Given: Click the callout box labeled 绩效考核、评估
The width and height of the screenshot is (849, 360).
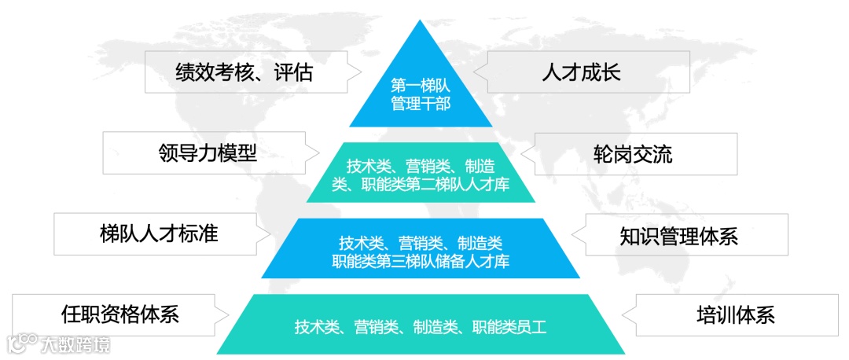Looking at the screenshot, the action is [244, 72].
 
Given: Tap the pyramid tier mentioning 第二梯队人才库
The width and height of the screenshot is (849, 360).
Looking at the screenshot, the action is [421, 174].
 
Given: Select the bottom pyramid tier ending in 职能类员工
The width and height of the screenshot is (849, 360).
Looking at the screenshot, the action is [421, 325].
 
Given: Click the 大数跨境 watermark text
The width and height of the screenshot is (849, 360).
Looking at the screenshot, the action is [75, 344].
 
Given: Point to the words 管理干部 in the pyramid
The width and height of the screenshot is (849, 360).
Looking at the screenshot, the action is [421, 104].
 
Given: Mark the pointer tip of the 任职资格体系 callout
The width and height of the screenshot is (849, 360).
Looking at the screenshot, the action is [230, 315].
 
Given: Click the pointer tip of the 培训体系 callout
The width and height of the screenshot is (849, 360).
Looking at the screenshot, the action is [622, 315].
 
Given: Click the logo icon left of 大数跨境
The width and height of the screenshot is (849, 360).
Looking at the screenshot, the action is [21, 344].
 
